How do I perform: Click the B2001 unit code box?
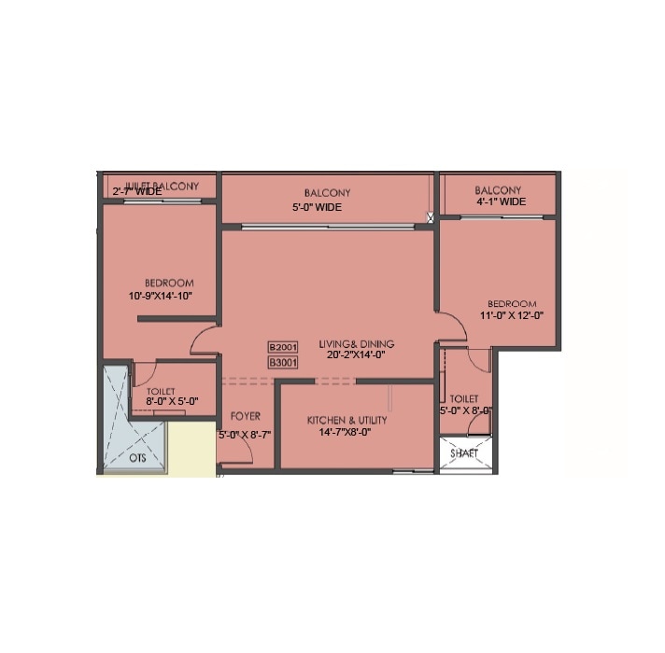click(282, 346)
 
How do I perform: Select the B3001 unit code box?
click(282, 361)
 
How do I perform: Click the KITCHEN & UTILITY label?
click(347, 421)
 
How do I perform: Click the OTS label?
click(137, 458)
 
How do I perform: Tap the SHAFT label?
click(464, 453)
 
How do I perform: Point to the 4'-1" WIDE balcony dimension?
click(501, 201)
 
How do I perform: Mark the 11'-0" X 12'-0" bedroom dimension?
click(511, 315)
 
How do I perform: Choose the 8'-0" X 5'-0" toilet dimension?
click(172, 401)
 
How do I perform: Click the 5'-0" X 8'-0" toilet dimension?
click(466, 410)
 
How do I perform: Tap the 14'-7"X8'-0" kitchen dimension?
click(347, 433)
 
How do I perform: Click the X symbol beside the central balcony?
click(431, 218)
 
